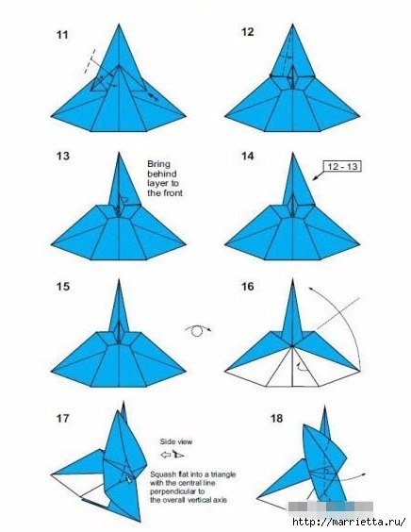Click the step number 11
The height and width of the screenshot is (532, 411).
pos(62,35)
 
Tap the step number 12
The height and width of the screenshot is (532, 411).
pos(248,32)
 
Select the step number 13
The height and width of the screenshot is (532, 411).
pos(63,156)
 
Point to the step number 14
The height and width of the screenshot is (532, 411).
pos(248,156)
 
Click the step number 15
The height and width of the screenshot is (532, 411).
pos(63,287)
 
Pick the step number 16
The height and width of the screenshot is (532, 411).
pos(248,287)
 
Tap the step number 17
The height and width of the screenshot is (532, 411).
pos(63,419)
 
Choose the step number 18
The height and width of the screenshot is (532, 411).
pos(276,419)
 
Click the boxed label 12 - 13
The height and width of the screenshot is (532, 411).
pos(343,166)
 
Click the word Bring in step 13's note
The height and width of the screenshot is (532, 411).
pos(158,164)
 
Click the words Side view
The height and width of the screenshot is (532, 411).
pos(176,441)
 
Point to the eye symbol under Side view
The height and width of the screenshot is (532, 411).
pos(177,454)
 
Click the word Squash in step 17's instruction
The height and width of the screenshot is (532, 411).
pos(162,474)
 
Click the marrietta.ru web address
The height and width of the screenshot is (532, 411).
pos(349,522)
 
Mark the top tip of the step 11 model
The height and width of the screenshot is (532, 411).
pos(119,24)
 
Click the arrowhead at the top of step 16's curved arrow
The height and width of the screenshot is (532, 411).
pos(310,289)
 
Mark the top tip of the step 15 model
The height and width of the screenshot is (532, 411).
pos(119,279)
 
